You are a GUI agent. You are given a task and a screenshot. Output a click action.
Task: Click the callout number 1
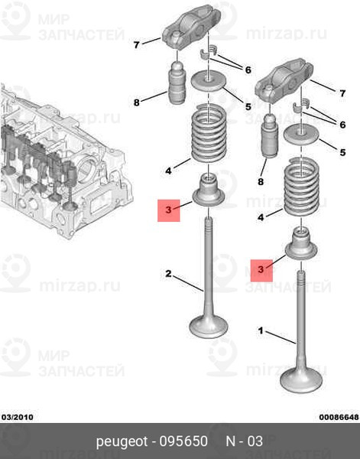pos(261,331)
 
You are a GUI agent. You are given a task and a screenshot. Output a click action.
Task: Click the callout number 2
pos(168,274)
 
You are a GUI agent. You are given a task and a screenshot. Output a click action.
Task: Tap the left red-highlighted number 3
pos(169,210)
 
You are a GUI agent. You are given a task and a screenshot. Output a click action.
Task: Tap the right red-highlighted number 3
pos(261,269)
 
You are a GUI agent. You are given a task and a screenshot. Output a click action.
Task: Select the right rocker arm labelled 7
pos(284,79)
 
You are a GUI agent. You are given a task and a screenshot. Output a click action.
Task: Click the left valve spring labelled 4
pos(209,133)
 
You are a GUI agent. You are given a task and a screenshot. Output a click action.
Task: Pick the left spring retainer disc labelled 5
pos(208,80)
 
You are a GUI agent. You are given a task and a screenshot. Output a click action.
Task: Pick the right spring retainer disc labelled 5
pos(301,134)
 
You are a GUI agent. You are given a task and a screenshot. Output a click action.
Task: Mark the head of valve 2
pos(208,326)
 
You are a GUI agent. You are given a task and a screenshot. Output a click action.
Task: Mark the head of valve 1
pos(301,380)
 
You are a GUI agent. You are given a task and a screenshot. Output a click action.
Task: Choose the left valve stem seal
pos(208,190)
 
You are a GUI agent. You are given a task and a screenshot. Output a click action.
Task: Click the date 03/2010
pos(18,417)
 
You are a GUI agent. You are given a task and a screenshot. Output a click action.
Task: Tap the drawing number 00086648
pos(339,417)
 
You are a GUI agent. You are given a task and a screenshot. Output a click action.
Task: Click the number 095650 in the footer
pos(183,441)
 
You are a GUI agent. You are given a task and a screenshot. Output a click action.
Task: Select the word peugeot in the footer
pos(122,442)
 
